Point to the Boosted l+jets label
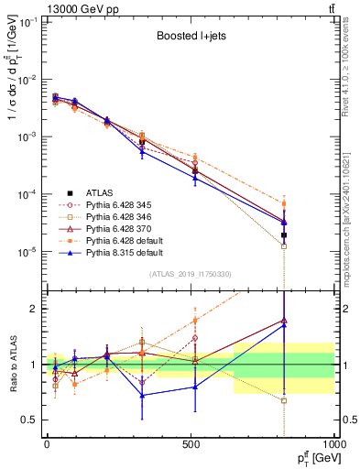[x=187, y=38]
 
